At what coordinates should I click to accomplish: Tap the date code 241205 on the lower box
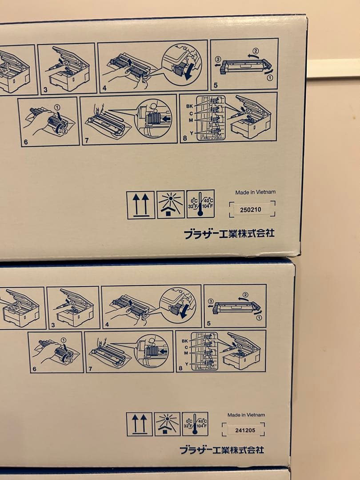(x=243, y=430)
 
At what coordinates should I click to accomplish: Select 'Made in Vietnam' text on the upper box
(x=255, y=192)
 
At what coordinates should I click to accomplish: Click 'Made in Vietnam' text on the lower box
(x=246, y=415)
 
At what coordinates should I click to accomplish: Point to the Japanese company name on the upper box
(x=229, y=233)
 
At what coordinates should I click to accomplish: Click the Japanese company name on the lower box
(x=222, y=450)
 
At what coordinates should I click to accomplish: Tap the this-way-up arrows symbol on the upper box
(x=141, y=205)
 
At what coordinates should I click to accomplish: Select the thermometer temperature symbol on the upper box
(x=200, y=204)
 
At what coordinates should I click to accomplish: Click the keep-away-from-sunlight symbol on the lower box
(x=167, y=424)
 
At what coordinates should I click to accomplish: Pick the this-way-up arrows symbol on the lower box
(x=139, y=424)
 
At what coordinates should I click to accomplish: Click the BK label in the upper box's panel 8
(x=189, y=106)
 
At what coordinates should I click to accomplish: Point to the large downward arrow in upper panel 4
(x=188, y=72)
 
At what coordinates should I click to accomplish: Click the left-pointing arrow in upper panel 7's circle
(x=165, y=119)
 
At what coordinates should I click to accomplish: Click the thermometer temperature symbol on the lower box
(x=195, y=424)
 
